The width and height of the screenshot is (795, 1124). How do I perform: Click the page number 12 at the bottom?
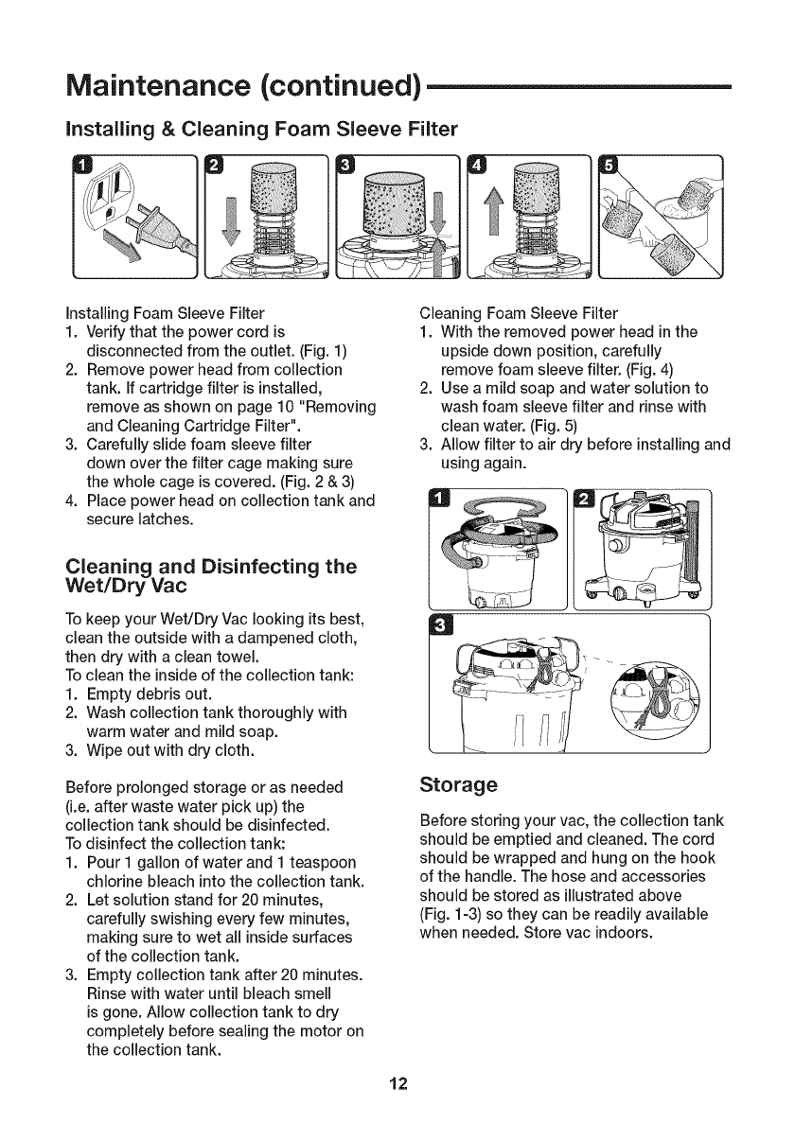397,1084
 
